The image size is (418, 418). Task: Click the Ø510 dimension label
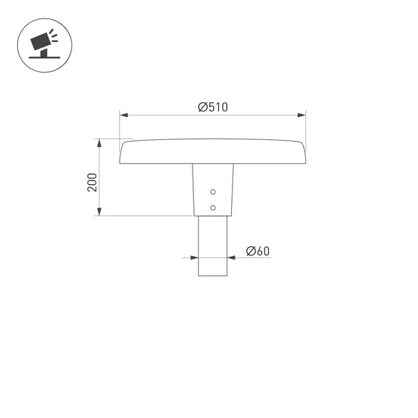tap(213, 107)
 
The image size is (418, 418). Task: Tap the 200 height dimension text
tap(91, 183)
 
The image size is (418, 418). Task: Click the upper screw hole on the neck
tap(213, 193)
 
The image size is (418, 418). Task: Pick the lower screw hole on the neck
tap(213, 207)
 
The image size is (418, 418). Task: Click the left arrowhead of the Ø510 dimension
tap(123, 114)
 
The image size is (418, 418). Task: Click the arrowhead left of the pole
tap(195, 258)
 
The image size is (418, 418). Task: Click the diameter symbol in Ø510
tap(203, 107)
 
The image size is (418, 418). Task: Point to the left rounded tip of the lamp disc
tap(123, 153)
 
